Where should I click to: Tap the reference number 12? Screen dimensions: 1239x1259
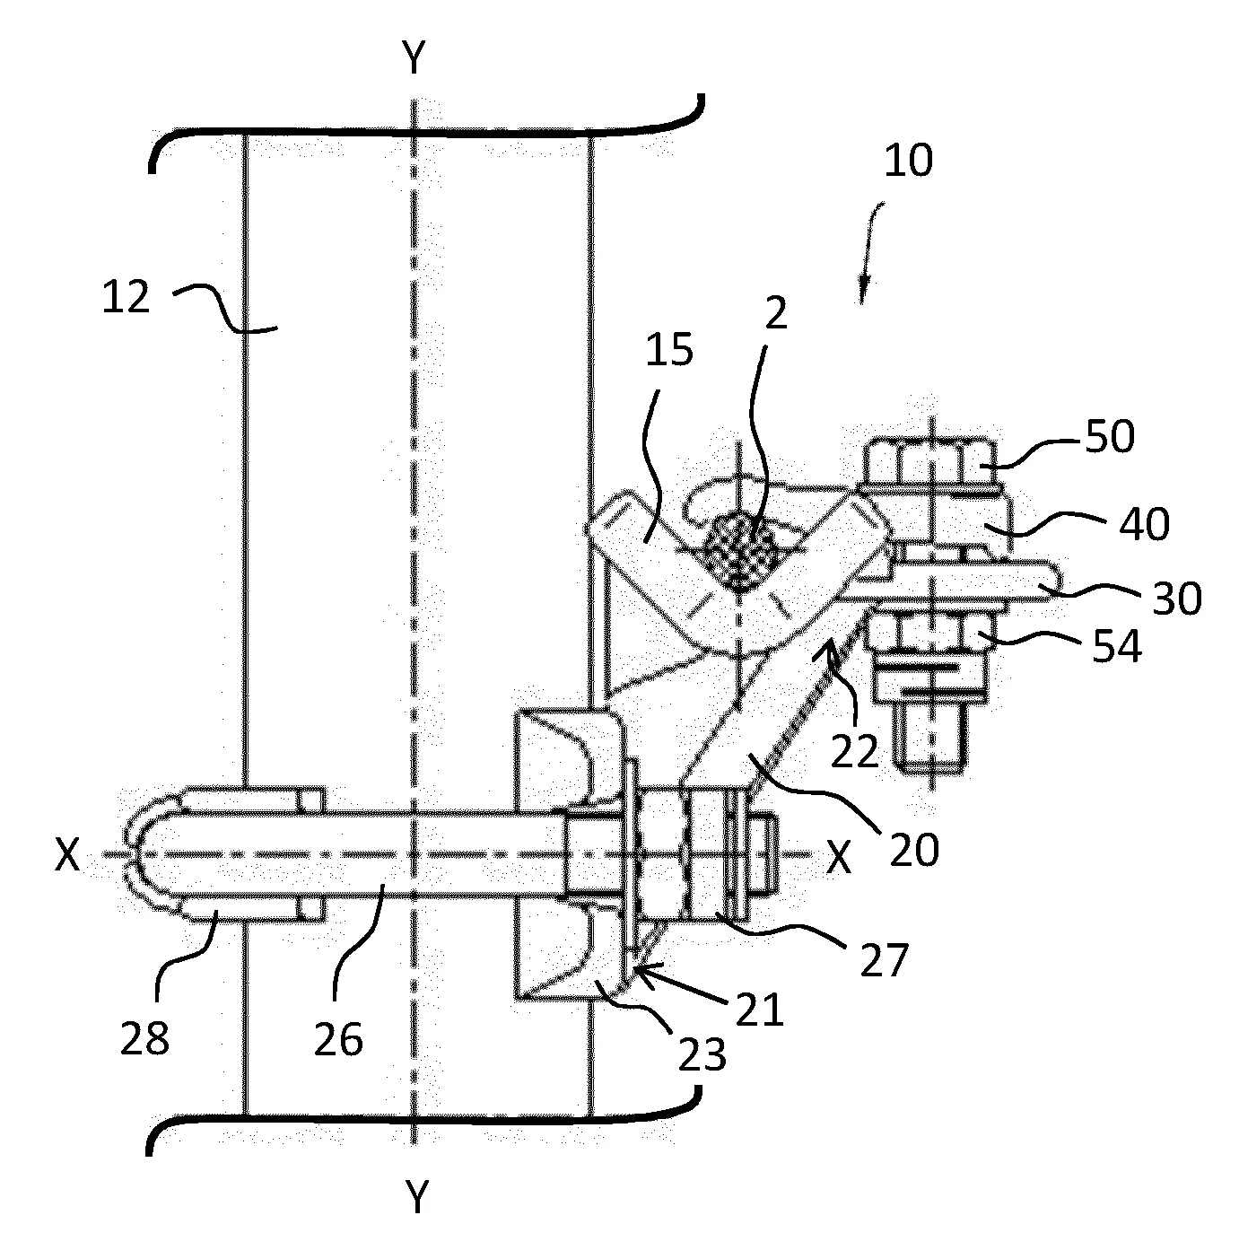click(x=127, y=298)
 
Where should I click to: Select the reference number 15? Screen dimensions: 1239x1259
click(x=669, y=350)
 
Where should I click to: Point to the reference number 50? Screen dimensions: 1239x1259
click(x=1110, y=436)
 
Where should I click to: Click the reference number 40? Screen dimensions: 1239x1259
click(x=1144, y=524)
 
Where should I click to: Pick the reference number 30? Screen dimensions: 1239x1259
click(x=1177, y=599)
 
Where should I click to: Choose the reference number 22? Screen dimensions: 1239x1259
click(x=855, y=753)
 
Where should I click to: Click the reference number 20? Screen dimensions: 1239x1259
click(x=914, y=850)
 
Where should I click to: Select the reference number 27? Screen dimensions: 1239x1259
click(x=884, y=960)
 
